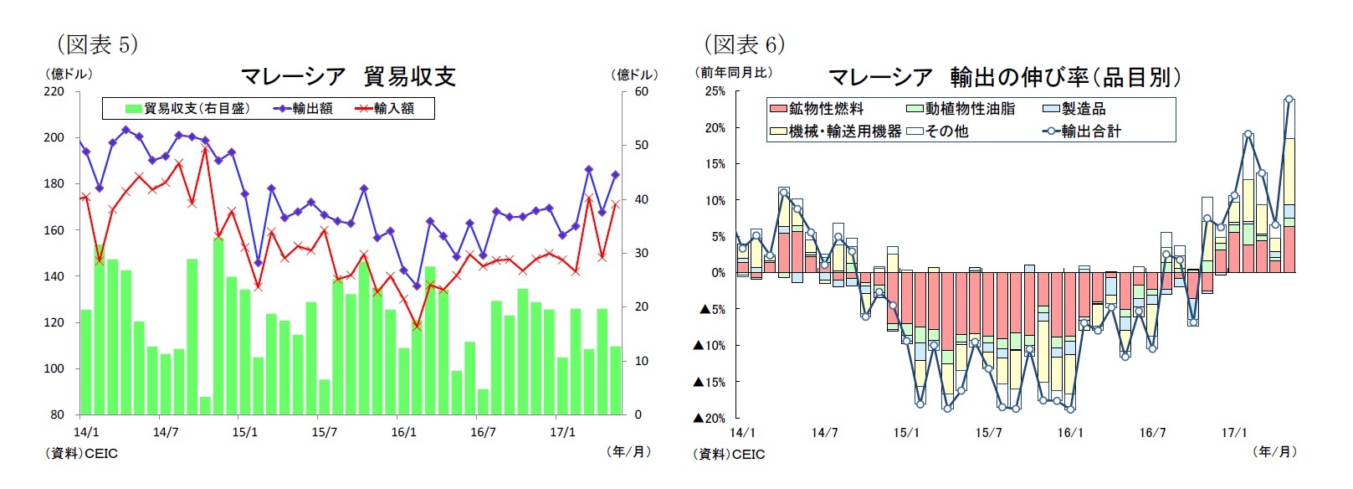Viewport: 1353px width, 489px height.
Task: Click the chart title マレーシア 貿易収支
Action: [347, 77]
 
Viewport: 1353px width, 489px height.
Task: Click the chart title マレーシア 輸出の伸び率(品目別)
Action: [1003, 78]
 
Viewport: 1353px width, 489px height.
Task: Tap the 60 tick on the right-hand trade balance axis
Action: [641, 91]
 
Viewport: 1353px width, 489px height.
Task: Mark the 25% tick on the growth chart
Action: [715, 91]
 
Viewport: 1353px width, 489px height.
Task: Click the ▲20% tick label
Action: [709, 418]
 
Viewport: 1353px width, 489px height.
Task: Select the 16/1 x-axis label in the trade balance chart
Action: [403, 432]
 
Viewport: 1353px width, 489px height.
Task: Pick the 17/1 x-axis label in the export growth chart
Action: [1233, 433]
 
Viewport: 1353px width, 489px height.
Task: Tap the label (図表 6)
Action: [744, 44]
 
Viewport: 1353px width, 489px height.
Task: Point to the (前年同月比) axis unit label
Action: [734, 73]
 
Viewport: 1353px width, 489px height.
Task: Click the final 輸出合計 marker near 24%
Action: [1289, 99]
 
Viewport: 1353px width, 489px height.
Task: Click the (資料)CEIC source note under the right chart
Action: [729, 454]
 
